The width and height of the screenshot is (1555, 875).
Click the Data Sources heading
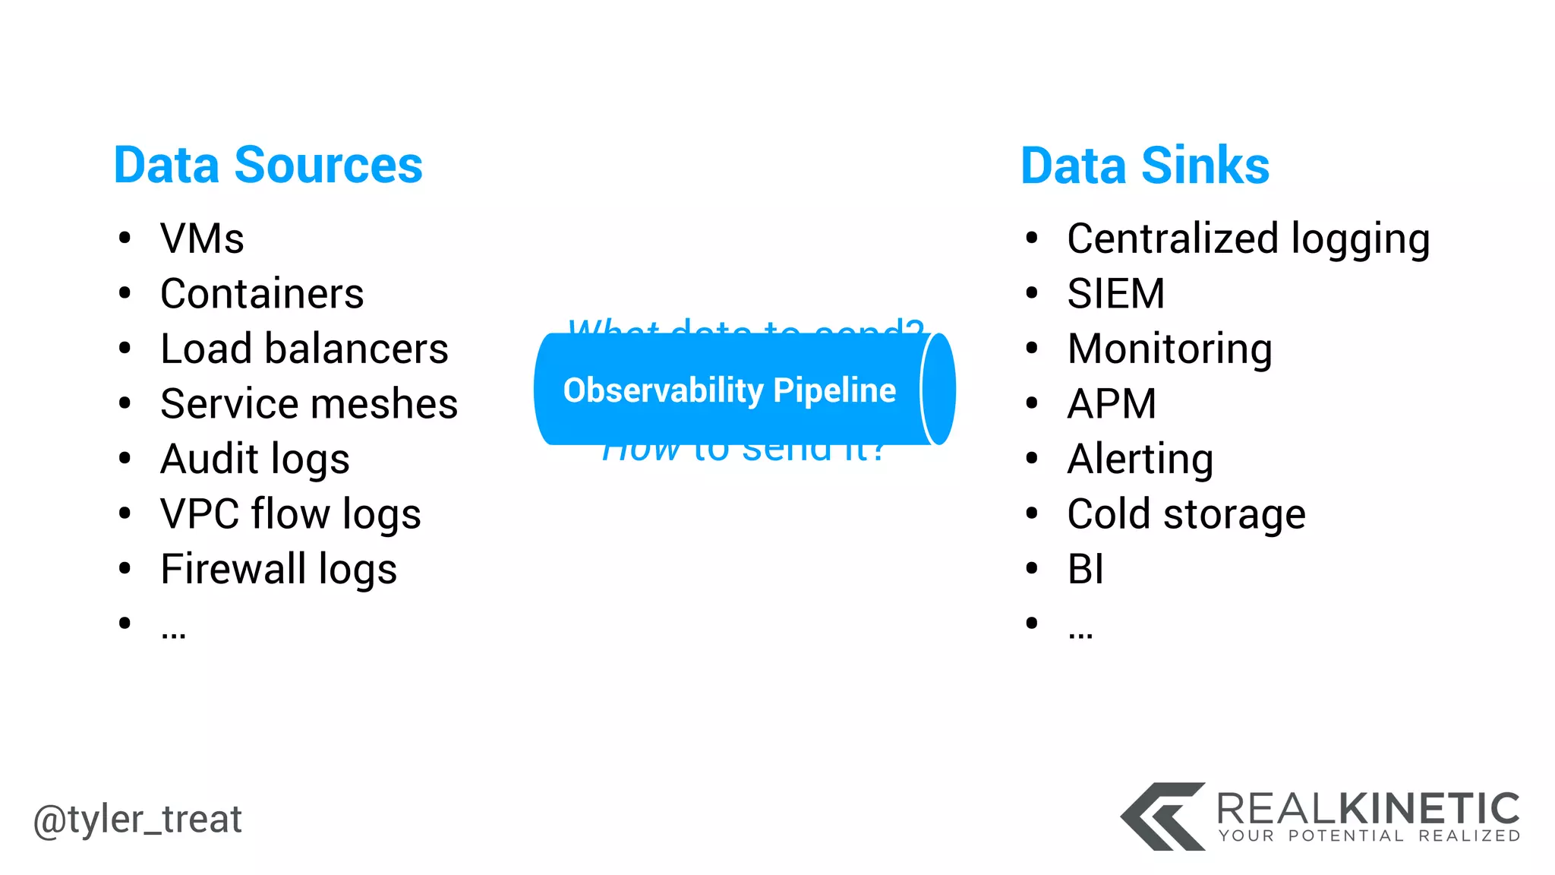pyautogui.click(x=268, y=166)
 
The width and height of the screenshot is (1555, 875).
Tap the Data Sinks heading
pyautogui.click(x=1145, y=166)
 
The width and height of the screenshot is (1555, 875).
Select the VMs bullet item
pyautogui.click(x=202, y=238)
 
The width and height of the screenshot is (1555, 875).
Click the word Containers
pyautogui.click(x=262, y=294)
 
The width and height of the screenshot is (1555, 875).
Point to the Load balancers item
pyautogui.click(x=304, y=349)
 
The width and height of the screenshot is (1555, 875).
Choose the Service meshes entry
pyautogui.click(x=309, y=404)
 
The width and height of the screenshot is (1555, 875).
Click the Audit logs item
pyautogui.click(x=255, y=460)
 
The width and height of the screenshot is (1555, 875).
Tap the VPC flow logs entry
pyautogui.click(x=291, y=514)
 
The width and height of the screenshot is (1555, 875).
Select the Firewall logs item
pyautogui.click(x=279, y=570)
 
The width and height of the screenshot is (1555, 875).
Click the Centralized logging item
pyautogui.click(x=1248, y=238)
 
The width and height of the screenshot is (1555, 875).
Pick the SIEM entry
pyautogui.click(x=1115, y=294)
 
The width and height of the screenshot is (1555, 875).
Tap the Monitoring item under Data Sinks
pyautogui.click(x=1169, y=349)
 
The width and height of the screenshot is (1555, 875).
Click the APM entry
pyautogui.click(x=1112, y=404)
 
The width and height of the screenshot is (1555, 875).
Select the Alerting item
pyautogui.click(x=1140, y=460)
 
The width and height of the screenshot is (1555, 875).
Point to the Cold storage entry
pyautogui.click(x=1186, y=514)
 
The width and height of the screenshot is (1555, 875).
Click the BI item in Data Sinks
pyautogui.click(x=1086, y=570)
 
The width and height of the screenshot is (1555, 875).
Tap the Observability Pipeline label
pyautogui.click(x=729, y=390)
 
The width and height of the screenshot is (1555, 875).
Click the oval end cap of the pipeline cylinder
pyautogui.click(x=938, y=389)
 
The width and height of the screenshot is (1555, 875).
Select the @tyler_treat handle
pyautogui.click(x=137, y=820)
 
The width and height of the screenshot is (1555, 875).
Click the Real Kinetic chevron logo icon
pyautogui.click(x=1162, y=817)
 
